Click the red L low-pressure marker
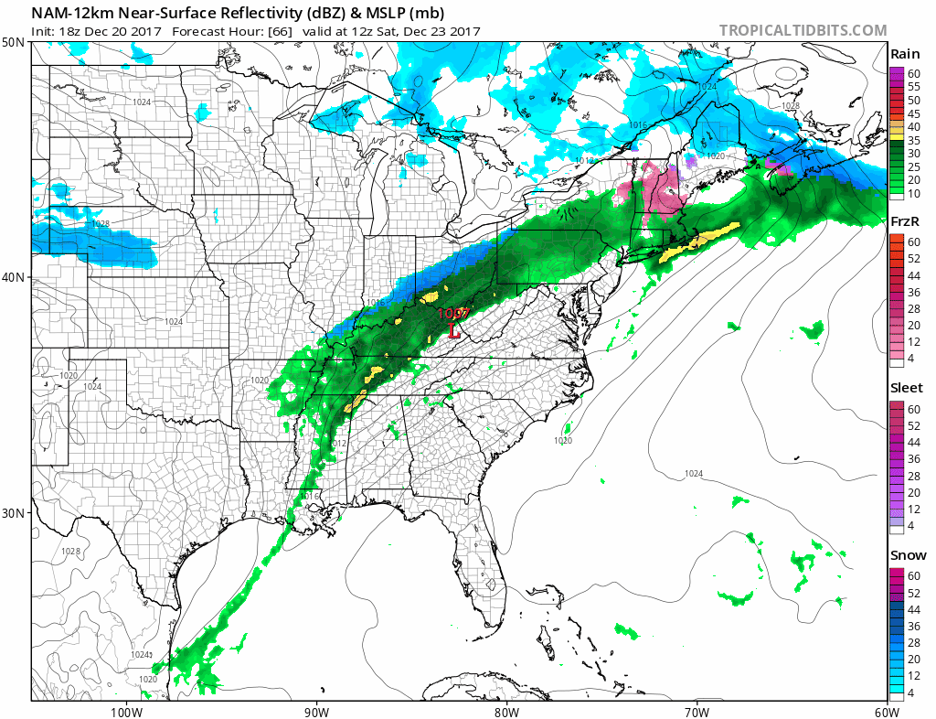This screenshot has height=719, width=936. click(454, 331)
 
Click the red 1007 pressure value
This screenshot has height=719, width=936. click(452, 314)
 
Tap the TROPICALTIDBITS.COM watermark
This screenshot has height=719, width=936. click(803, 30)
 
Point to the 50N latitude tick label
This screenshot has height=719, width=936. click(13, 43)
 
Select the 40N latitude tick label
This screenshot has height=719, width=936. click(13, 277)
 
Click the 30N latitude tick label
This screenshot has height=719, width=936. click(13, 512)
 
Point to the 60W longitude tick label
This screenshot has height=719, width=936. click(886, 711)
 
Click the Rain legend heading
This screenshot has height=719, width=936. click(905, 54)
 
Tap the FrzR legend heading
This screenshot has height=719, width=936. click(905, 222)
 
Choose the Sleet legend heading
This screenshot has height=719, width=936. click(907, 388)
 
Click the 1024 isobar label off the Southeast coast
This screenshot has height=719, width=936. click(694, 473)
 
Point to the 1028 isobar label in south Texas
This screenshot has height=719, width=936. click(70, 551)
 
